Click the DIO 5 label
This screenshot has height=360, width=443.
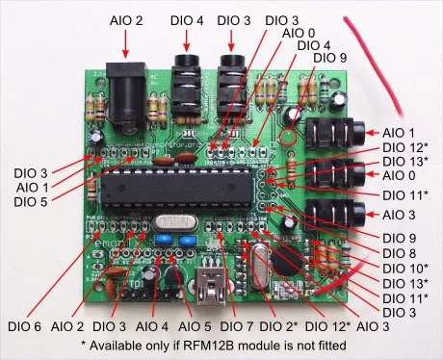(x=31, y=202)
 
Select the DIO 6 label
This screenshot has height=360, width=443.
(x=25, y=326)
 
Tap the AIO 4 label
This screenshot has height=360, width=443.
(x=152, y=326)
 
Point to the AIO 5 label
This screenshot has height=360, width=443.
(x=195, y=326)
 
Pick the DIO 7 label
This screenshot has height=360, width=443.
(x=237, y=326)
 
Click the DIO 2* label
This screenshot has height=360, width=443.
(x=278, y=326)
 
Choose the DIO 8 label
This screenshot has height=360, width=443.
(x=400, y=253)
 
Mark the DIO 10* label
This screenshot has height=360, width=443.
(x=405, y=268)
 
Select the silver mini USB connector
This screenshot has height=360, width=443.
(x=211, y=286)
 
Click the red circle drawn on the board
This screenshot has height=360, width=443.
(x=288, y=137)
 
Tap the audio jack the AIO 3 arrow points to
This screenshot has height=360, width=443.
(x=335, y=215)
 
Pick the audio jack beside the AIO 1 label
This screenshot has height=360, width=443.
(x=335, y=133)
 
